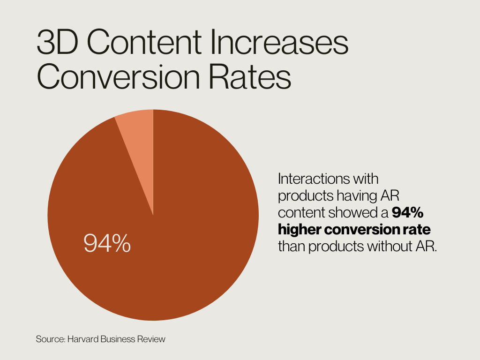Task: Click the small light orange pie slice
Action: click(x=139, y=141)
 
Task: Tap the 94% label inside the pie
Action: click(x=107, y=243)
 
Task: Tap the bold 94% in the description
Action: click(x=408, y=213)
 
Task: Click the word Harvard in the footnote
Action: click(x=81, y=338)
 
